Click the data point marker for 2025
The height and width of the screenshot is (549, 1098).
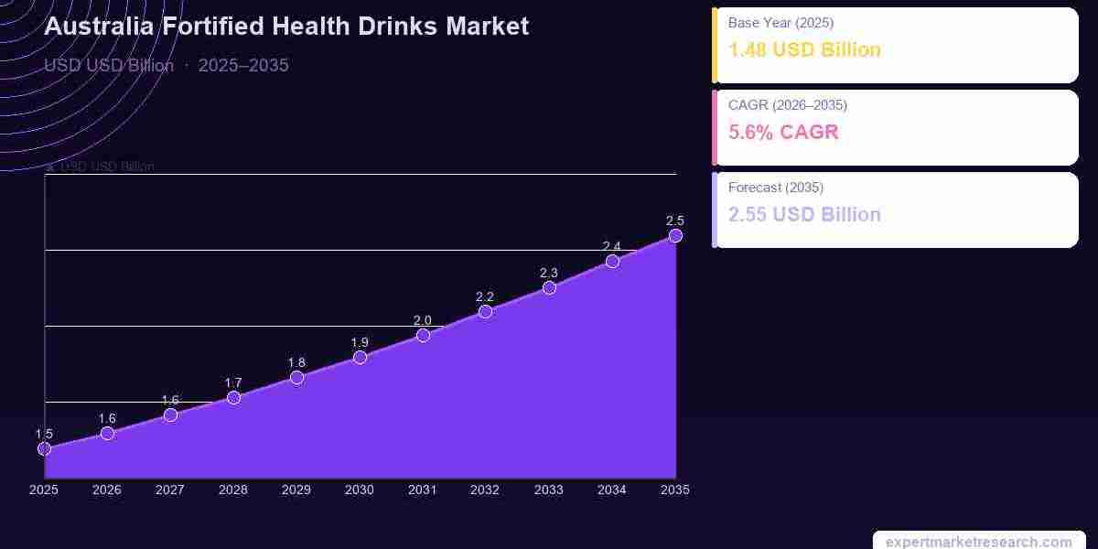click(44, 448)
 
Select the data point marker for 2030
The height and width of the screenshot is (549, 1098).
click(360, 357)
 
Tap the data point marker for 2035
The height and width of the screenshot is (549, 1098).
click(675, 235)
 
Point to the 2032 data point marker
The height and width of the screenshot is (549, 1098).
click(485, 311)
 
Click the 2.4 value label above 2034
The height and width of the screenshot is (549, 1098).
click(612, 246)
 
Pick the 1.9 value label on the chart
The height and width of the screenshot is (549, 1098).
click(360, 342)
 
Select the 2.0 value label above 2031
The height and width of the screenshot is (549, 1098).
click(423, 320)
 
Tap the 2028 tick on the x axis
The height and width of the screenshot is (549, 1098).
click(233, 490)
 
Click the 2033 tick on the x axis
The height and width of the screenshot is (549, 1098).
click(549, 490)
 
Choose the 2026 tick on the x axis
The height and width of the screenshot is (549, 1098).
click(107, 490)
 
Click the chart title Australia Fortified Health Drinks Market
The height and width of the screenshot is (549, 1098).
click(286, 26)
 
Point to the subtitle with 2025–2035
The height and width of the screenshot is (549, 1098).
click(167, 65)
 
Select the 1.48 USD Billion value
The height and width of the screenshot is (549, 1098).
click(804, 49)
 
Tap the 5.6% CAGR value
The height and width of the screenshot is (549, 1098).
click(783, 132)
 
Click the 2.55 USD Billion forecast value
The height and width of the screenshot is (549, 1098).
click(804, 214)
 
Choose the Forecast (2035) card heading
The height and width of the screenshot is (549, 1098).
click(776, 187)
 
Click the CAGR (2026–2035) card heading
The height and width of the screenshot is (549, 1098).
click(788, 104)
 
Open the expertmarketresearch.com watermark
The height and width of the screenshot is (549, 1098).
click(978, 542)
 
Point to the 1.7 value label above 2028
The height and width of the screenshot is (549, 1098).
click(233, 382)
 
